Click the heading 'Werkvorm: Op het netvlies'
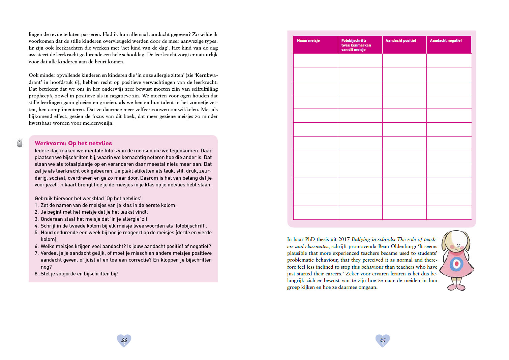(73, 143)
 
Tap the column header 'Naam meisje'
(308, 41)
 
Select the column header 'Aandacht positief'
(400, 41)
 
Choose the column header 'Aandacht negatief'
(446, 41)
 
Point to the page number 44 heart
(124, 340)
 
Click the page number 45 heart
(383, 340)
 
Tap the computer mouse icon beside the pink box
(20, 143)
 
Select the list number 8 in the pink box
(36, 274)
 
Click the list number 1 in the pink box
(36, 205)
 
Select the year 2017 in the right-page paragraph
(344, 239)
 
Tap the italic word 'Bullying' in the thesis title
(361, 239)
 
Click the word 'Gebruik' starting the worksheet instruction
(44, 199)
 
